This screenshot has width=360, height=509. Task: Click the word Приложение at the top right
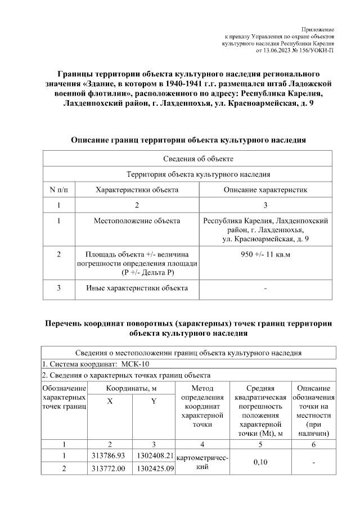[318, 29]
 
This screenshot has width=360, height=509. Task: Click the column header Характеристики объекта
[137, 190]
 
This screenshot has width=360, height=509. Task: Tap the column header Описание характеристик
[265, 190]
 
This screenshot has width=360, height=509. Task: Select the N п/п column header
[59, 190]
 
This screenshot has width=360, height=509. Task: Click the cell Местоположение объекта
[137, 221]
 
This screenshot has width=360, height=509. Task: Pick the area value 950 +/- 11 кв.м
[265, 254]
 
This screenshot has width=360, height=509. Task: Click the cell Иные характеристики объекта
[137, 289]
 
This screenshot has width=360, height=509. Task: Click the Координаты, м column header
[132, 388]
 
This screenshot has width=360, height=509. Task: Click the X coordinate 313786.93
[110, 454]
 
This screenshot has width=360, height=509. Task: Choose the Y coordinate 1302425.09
[154, 467]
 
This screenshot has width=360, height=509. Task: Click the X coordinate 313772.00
[110, 467]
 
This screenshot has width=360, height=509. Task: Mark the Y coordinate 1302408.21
[154, 454]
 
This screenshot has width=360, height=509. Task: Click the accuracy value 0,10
[260, 461]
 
